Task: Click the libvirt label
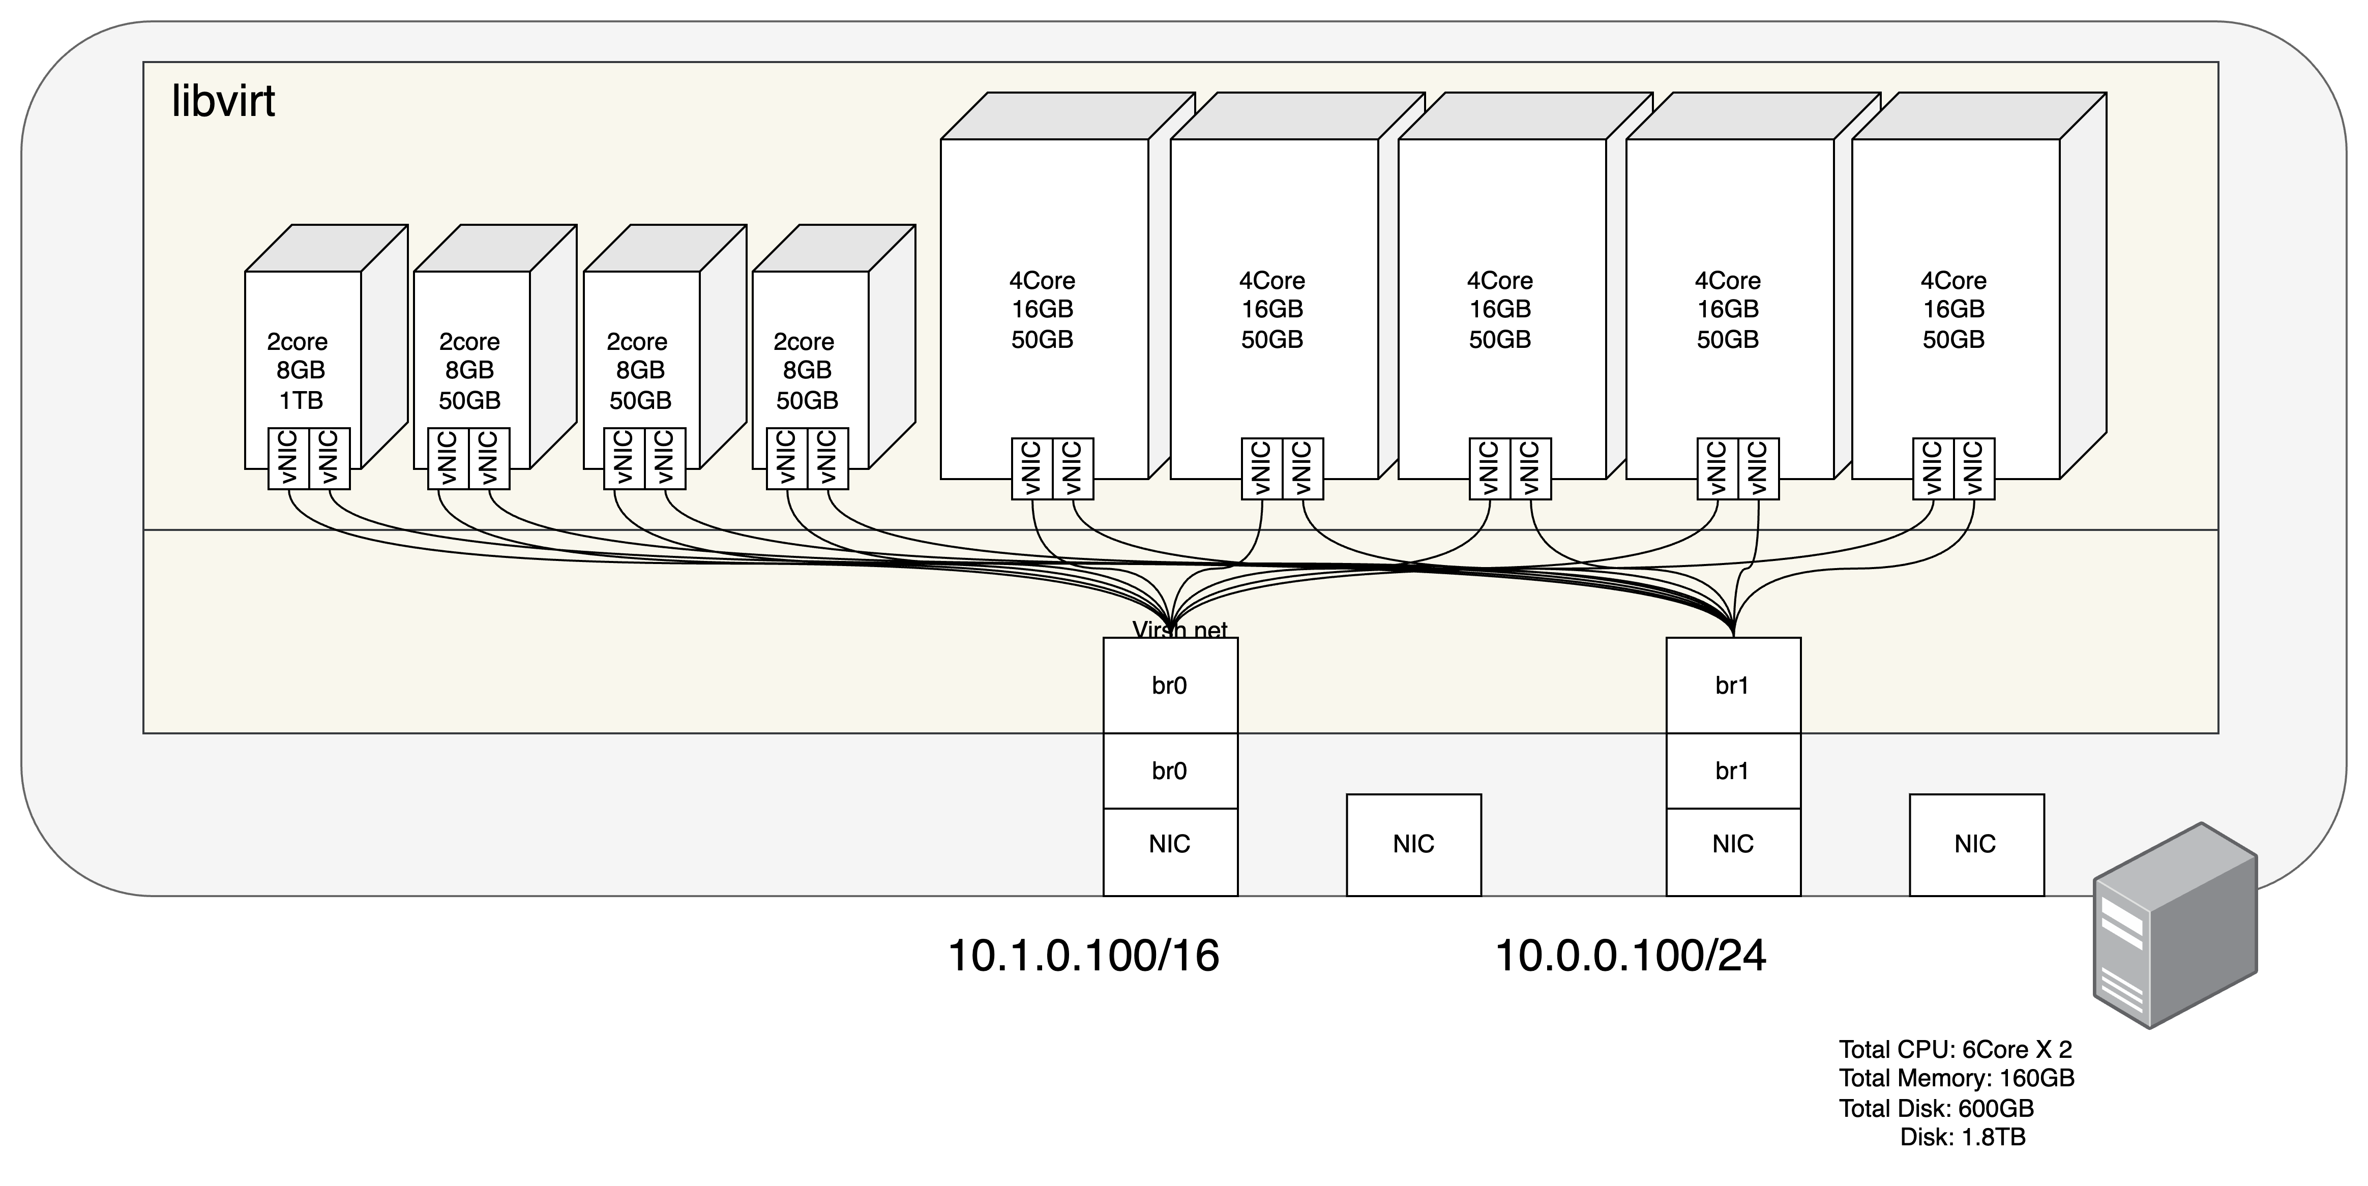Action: pyautogui.click(x=223, y=101)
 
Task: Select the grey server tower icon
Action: pyautogui.click(x=2174, y=925)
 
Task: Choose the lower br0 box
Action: pyautogui.click(x=1169, y=770)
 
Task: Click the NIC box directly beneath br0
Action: pyautogui.click(x=1169, y=844)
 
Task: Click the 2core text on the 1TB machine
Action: pyautogui.click(x=297, y=342)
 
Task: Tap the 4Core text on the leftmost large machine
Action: pyautogui.click(x=1043, y=280)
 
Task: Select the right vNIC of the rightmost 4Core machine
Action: pyautogui.click(x=1974, y=469)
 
